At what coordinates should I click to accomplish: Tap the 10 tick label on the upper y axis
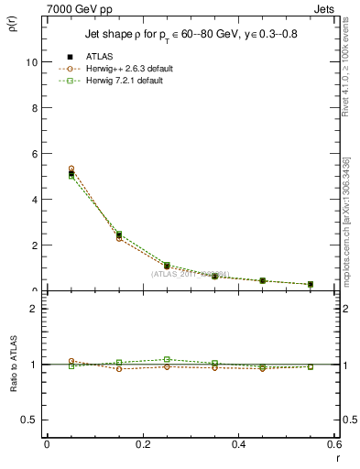point(32,62)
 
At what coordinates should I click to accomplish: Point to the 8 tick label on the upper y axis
point(35,108)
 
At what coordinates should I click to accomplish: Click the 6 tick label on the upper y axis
point(35,154)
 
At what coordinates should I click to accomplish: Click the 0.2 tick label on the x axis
point(142,444)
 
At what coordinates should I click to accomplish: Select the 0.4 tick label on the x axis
point(238,444)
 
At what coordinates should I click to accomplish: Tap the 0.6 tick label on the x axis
point(333,444)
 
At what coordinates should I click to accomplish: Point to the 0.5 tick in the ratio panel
point(31,420)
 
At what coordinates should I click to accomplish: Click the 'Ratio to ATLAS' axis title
point(12,364)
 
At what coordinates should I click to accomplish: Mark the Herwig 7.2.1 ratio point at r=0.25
point(167,360)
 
